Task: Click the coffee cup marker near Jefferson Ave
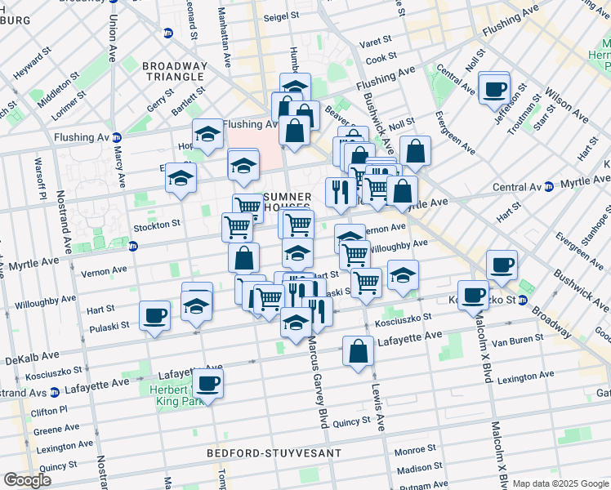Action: pos(494,89)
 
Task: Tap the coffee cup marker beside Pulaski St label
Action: pos(154,315)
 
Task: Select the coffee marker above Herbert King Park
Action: pos(207,383)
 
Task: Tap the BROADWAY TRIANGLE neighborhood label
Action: pos(173,71)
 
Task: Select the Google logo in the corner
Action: pos(28,480)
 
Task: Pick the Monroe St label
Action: pos(415,449)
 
